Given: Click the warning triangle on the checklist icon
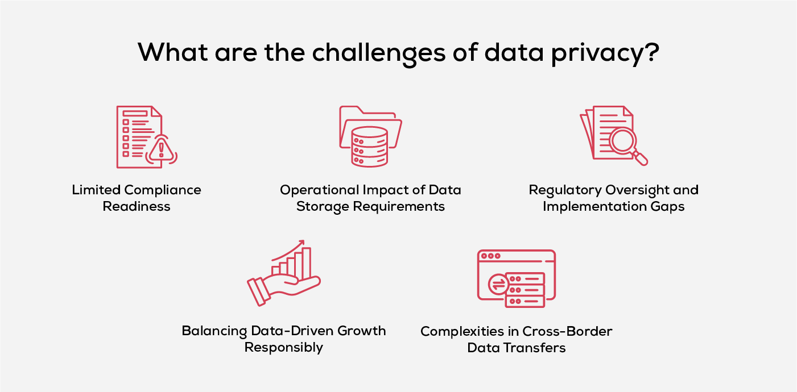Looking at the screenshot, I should (162, 150).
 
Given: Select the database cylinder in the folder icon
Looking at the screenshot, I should (369, 146).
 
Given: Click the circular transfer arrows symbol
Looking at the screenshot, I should (498, 283).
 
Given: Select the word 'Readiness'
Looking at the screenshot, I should (137, 206).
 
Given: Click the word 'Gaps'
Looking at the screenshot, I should (669, 206).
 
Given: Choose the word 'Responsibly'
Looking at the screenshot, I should (284, 347).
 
